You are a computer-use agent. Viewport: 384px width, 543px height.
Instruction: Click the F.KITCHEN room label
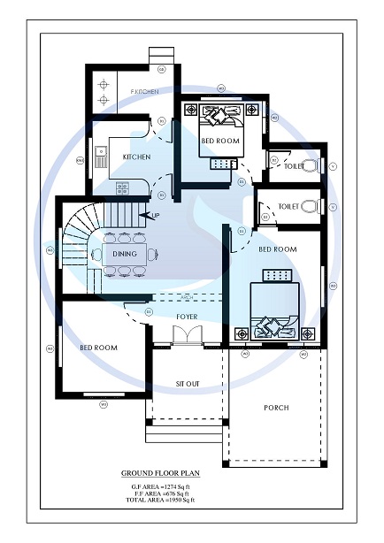click(x=144, y=92)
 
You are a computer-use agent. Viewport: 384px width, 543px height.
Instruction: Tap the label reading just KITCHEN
click(x=136, y=157)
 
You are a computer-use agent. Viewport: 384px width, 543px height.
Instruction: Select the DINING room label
click(x=125, y=254)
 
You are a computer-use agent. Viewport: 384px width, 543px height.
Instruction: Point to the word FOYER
click(x=187, y=316)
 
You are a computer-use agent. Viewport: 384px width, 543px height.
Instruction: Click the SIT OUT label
click(x=187, y=384)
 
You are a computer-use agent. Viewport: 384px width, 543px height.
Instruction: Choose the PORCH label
click(x=276, y=408)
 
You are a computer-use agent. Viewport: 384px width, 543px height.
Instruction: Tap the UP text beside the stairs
click(x=156, y=216)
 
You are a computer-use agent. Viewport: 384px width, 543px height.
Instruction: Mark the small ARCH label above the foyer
click(x=186, y=297)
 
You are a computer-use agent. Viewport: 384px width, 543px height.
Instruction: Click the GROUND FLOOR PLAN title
click(x=160, y=474)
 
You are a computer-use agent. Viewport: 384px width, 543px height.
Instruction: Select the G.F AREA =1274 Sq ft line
click(x=160, y=488)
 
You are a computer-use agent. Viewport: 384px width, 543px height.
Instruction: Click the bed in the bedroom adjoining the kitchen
click(x=219, y=128)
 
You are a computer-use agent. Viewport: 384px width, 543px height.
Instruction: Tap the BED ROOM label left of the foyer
click(x=99, y=348)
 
